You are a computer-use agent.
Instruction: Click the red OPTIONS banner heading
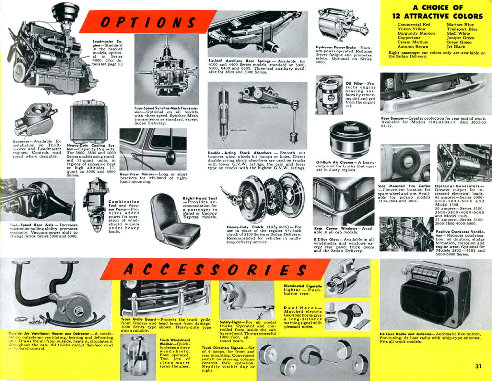click(x=148, y=22)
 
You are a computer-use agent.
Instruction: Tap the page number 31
click(x=478, y=366)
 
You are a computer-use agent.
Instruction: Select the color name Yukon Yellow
click(x=412, y=29)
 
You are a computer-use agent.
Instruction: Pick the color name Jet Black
click(x=455, y=46)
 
